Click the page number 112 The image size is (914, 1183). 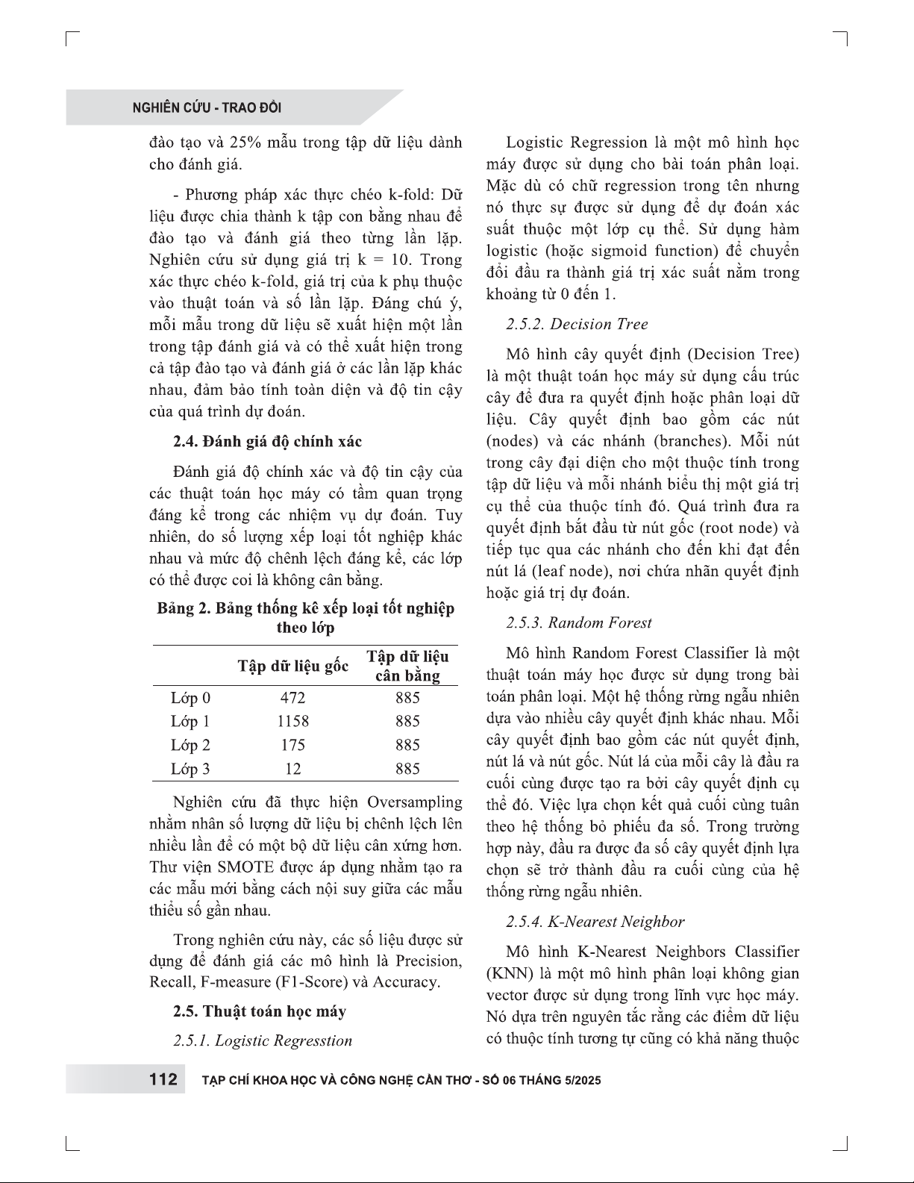pyautogui.click(x=163, y=1080)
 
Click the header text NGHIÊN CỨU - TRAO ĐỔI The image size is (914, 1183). pyautogui.click(x=207, y=108)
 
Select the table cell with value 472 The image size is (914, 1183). pyautogui.click(x=292, y=698)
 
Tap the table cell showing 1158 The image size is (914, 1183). pyautogui.click(x=292, y=722)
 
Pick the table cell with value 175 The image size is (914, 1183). pyautogui.click(x=292, y=745)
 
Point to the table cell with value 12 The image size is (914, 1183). pyautogui.click(x=292, y=769)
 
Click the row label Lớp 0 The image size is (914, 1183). pyautogui.click(x=190, y=698)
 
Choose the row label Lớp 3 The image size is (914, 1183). pyautogui.click(x=190, y=769)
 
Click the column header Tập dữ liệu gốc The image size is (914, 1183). pyautogui.click(x=293, y=666)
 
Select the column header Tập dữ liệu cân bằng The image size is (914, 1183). pyautogui.click(x=407, y=666)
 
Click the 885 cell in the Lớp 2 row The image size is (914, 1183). pyautogui.click(x=407, y=745)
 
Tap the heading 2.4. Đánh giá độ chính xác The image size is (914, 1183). pyautogui.click(x=267, y=441)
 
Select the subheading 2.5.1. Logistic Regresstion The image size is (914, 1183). pyautogui.click(x=262, y=1040)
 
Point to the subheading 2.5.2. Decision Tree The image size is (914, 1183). pyautogui.click(x=577, y=324)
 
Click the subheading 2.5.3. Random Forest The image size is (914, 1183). pyautogui.click(x=578, y=622)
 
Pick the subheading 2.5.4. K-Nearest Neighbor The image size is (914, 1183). pyautogui.click(x=595, y=922)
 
